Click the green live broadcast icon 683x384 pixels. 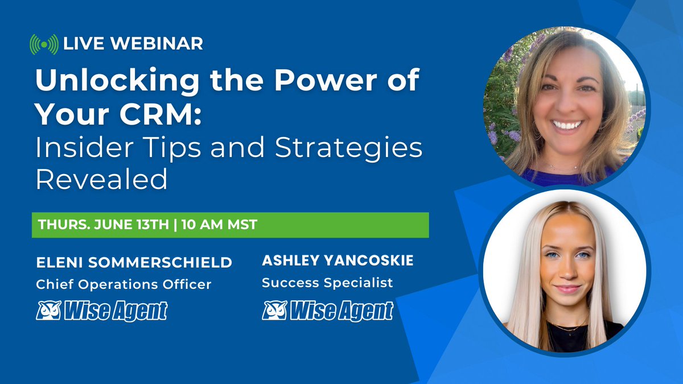(44, 44)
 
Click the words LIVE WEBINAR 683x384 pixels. (133, 43)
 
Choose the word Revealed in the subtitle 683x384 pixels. (101, 179)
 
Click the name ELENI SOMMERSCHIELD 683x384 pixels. (134, 263)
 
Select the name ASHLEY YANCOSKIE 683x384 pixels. (338, 261)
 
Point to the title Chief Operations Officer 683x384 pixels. (123, 284)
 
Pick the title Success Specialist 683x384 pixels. (327, 283)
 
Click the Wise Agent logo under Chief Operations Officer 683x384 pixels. (102, 311)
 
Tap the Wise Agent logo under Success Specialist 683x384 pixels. (327, 311)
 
